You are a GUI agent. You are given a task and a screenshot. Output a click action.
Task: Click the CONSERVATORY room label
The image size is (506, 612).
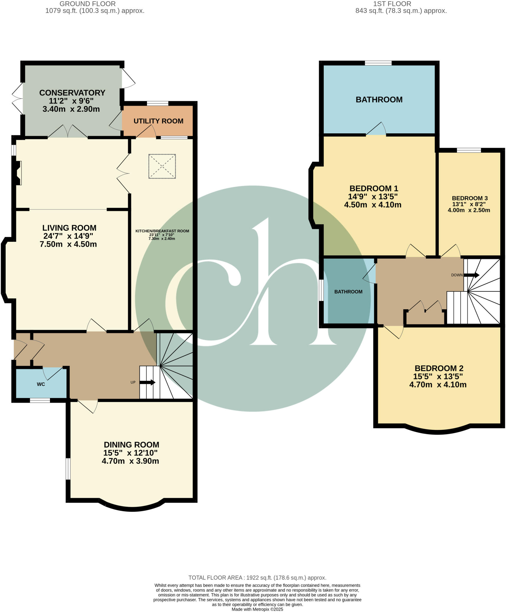point(72,93)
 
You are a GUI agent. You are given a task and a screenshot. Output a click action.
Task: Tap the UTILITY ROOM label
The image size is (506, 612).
point(158,121)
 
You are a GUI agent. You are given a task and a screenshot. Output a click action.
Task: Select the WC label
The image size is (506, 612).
point(41,384)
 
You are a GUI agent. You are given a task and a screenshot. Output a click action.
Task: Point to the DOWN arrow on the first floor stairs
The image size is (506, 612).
point(473,275)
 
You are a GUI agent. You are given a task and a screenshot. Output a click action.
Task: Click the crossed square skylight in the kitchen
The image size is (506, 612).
point(162,166)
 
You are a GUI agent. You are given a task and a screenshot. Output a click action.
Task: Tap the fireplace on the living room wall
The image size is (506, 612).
point(17,173)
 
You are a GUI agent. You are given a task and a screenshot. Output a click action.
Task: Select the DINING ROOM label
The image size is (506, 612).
point(131,445)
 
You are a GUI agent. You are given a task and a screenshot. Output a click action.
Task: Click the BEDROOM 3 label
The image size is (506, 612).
point(470,198)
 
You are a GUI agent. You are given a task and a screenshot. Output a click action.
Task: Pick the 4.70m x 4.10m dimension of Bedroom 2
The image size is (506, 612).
point(438,385)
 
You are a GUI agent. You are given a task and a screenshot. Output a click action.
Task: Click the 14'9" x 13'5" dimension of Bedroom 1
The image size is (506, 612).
point(373,197)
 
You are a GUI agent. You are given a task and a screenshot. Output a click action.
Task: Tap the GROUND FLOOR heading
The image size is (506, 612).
point(88,4)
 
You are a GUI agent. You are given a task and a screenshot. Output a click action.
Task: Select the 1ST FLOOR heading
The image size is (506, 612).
point(392,4)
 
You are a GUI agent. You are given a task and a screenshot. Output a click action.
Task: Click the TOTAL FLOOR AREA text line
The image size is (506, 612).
point(257,578)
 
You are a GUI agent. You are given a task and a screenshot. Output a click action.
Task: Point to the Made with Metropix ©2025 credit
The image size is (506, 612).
point(257,609)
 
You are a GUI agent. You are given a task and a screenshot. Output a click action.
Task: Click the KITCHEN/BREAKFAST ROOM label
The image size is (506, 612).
point(162,231)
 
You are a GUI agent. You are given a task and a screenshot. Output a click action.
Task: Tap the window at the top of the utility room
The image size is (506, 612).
point(157,103)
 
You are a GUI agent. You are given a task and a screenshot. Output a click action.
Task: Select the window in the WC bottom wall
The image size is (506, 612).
point(40,401)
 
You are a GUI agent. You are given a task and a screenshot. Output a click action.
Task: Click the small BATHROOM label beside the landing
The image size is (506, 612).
point(348,292)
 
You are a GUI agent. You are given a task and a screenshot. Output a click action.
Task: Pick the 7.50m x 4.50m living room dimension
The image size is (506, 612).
point(68,244)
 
